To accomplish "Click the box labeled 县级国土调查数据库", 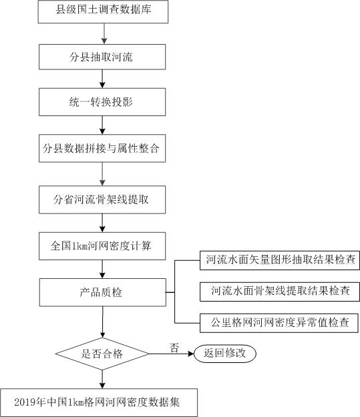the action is click(103, 12).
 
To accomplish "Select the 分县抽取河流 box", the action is click(102, 57).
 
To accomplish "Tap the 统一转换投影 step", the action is click(102, 102).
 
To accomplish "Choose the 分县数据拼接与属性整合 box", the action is click(102, 148).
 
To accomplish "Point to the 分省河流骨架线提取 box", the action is click(102, 199).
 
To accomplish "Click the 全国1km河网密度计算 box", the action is click(102, 246).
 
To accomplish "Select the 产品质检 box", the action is click(103, 292).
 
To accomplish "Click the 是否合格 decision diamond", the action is click(102, 354).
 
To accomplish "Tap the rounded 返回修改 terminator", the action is click(225, 354).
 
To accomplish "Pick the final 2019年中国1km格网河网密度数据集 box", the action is click(99, 402).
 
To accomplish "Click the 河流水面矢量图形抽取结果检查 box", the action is click(280, 260).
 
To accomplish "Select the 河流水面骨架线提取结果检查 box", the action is click(280, 292).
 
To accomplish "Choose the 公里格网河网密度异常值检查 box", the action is click(279, 323).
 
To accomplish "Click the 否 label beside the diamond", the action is click(174, 348).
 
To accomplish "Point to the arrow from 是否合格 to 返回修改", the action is click(172, 354).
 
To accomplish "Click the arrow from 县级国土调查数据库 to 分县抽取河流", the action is click(104, 34).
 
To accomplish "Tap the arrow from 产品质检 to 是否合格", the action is click(102, 322).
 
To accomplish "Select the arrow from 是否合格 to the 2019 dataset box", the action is click(102, 379).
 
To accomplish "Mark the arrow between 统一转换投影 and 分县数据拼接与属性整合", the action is click(102, 125).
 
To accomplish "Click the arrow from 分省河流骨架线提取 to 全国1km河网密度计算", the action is click(102, 223).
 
